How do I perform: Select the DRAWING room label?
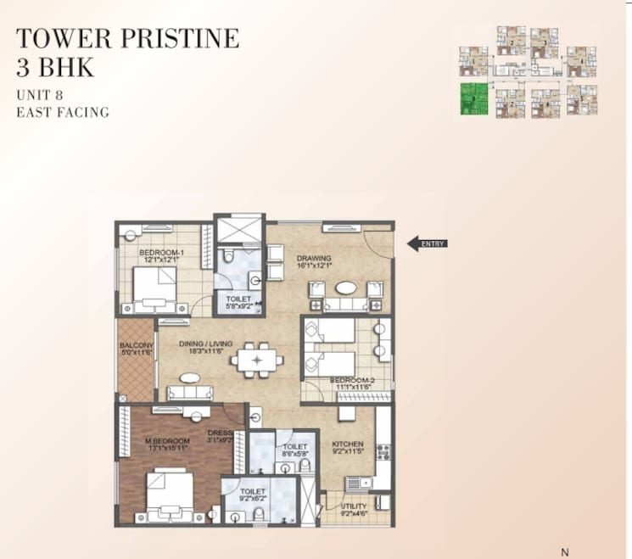[x=314, y=258]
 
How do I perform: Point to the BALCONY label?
[x=136, y=345]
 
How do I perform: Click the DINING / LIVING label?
[x=204, y=344]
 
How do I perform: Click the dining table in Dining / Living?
[x=255, y=361]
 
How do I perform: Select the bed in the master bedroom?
[x=170, y=495]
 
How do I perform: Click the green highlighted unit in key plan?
[x=472, y=100]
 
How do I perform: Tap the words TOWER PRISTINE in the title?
[x=127, y=38]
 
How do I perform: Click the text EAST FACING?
[x=64, y=112]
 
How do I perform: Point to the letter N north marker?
[x=565, y=552]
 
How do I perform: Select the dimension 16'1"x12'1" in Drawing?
[x=314, y=266]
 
